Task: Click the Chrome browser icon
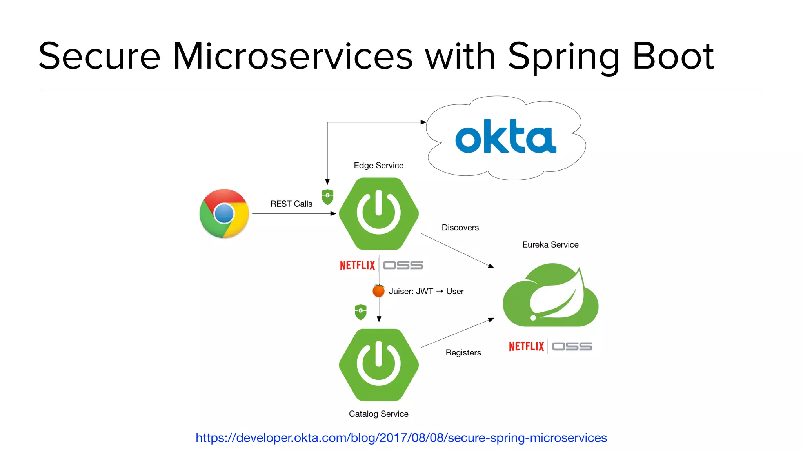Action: click(224, 213)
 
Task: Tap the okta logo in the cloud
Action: click(505, 137)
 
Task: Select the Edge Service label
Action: click(378, 166)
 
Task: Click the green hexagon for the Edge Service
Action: click(379, 214)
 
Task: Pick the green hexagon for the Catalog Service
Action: click(379, 365)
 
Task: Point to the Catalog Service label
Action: click(378, 414)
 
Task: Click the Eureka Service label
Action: click(550, 245)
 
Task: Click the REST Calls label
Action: click(291, 204)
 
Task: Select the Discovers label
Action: click(460, 228)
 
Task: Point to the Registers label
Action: click(463, 353)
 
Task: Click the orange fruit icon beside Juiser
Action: click(378, 291)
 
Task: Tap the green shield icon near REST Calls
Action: click(327, 197)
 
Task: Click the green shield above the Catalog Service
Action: click(360, 312)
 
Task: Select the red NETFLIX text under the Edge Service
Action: click(357, 266)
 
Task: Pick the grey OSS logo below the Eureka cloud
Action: click(572, 346)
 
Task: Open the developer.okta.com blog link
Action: click(401, 438)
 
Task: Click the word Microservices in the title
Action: click(292, 57)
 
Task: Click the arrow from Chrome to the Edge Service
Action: click(294, 214)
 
